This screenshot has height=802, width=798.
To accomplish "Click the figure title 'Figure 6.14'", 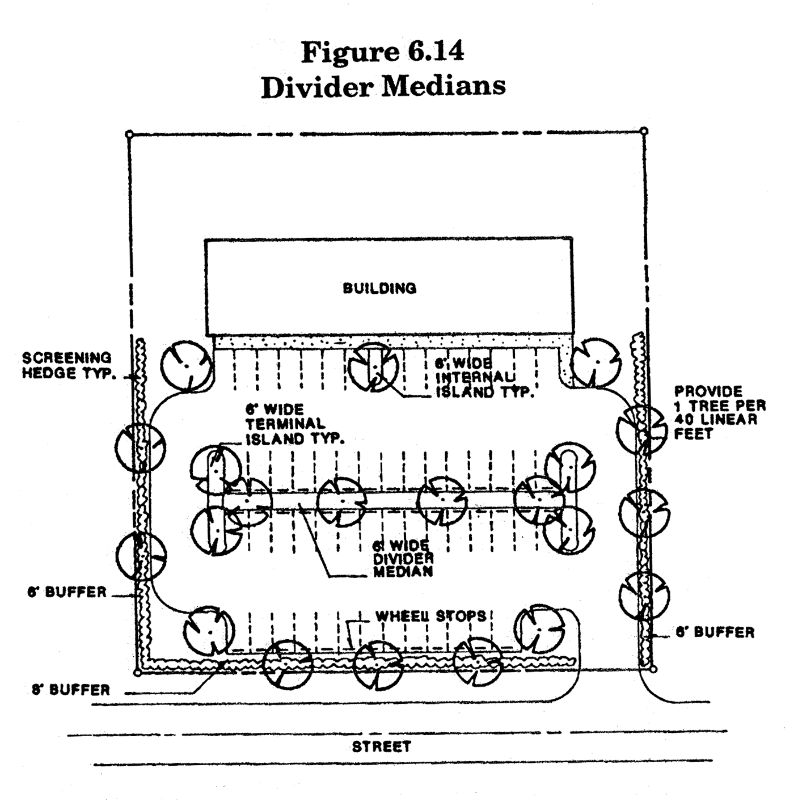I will pyautogui.click(x=383, y=52).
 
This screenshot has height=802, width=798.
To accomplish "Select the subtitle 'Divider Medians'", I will pyautogui.click(x=383, y=87).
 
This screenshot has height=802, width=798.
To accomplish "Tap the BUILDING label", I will pyautogui.click(x=379, y=288).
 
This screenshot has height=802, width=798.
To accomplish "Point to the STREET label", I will pyautogui.click(x=381, y=746).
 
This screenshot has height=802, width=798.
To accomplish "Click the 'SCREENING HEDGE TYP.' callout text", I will pyautogui.click(x=67, y=365).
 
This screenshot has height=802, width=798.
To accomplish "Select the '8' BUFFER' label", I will pyautogui.click(x=71, y=690).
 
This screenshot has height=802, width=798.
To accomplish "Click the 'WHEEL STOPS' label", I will pyautogui.click(x=431, y=616).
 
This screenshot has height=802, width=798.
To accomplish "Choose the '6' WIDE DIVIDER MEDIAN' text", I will pyautogui.click(x=403, y=559).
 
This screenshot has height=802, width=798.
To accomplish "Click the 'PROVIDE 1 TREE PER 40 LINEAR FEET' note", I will pyautogui.click(x=719, y=412).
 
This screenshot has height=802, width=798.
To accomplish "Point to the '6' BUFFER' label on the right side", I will pyautogui.click(x=715, y=632).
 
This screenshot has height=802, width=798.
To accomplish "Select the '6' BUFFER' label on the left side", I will pyautogui.click(x=67, y=592).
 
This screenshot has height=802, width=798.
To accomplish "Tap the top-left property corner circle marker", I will pyautogui.click(x=129, y=134).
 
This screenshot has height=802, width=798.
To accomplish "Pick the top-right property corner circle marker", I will pyautogui.click(x=644, y=131).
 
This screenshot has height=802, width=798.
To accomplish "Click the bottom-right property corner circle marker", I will pyautogui.click(x=653, y=669).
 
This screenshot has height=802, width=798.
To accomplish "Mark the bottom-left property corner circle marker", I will pyautogui.click(x=137, y=673).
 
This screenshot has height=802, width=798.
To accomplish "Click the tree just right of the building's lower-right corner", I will pyautogui.click(x=595, y=363).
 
